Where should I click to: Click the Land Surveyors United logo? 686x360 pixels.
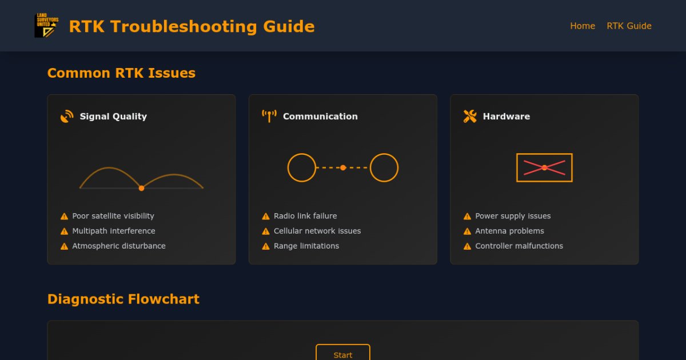pos(46,26)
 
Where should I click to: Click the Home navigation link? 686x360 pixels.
pos(583,26)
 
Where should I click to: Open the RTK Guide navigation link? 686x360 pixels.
pos(629,26)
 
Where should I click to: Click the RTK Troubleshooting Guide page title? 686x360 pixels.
pos(192,26)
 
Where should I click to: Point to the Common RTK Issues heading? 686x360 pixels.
pos(121,73)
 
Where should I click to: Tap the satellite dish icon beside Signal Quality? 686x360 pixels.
pos(67,117)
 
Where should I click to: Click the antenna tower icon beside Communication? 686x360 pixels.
pos(269,116)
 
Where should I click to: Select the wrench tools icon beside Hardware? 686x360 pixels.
pos(470,117)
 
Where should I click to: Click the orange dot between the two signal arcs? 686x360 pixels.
pos(141,188)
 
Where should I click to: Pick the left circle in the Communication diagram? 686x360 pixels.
pos(301,167)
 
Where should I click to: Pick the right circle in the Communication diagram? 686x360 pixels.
pos(384,167)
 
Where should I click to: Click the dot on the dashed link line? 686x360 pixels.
pos(343,167)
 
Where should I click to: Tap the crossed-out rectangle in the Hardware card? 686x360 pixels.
pos(544,167)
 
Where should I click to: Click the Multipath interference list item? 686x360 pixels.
pos(113,231)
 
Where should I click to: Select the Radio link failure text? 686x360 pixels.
pos(305,216)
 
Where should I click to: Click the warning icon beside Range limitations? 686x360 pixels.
pos(266,246)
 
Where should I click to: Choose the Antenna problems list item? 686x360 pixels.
pos(509,231)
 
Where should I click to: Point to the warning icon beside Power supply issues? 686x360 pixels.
pos(467,217)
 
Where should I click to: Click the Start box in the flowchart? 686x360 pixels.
pos(343,353)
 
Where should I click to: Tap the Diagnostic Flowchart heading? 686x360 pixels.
pos(123,299)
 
